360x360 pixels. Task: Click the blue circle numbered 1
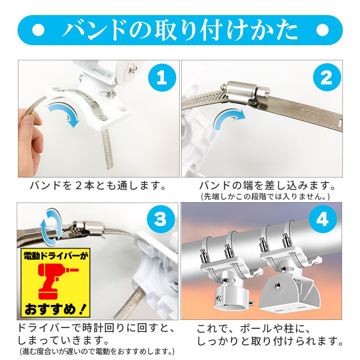point(162,77)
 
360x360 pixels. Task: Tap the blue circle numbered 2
point(327,77)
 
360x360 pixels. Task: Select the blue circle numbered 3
point(160,219)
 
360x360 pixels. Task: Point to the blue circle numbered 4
point(323,219)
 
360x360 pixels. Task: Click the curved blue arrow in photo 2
point(229,120)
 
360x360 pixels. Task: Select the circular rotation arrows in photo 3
point(51,224)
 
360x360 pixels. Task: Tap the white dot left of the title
point(39,30)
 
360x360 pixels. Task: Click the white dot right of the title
point(322,30)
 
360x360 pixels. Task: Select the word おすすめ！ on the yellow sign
point(55,309)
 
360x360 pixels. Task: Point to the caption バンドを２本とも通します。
point(98,185)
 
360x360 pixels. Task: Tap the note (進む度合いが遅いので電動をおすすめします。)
point(97,351)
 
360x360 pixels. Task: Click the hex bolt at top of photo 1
point(133,68)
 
